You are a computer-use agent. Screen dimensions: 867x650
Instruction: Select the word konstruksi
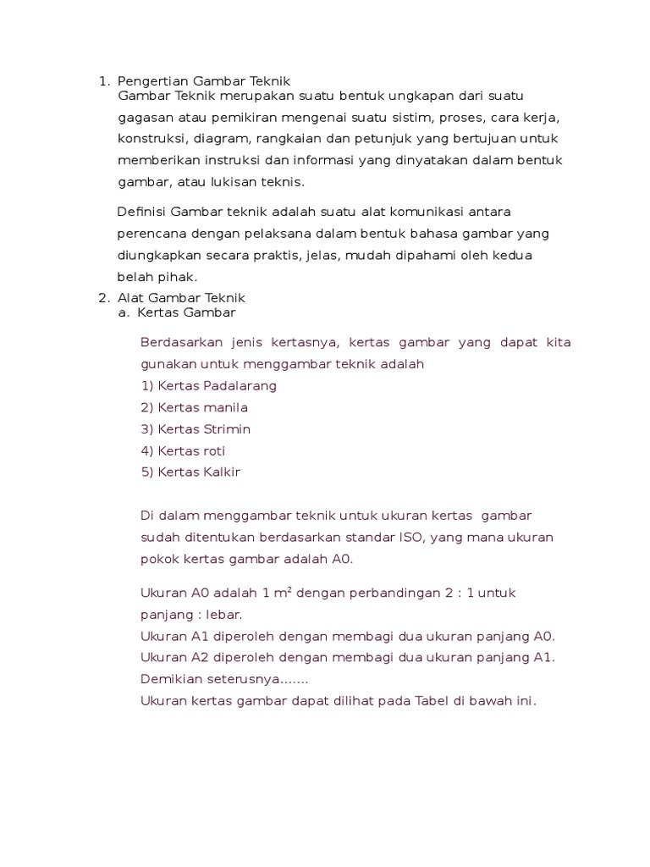(148, 139)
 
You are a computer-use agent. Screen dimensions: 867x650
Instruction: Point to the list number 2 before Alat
(104, 298)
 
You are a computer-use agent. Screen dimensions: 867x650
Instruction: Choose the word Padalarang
(240, 385)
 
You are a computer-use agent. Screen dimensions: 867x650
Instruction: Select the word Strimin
(226, 429)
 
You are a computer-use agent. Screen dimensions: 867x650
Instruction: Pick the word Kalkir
(222, 472)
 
